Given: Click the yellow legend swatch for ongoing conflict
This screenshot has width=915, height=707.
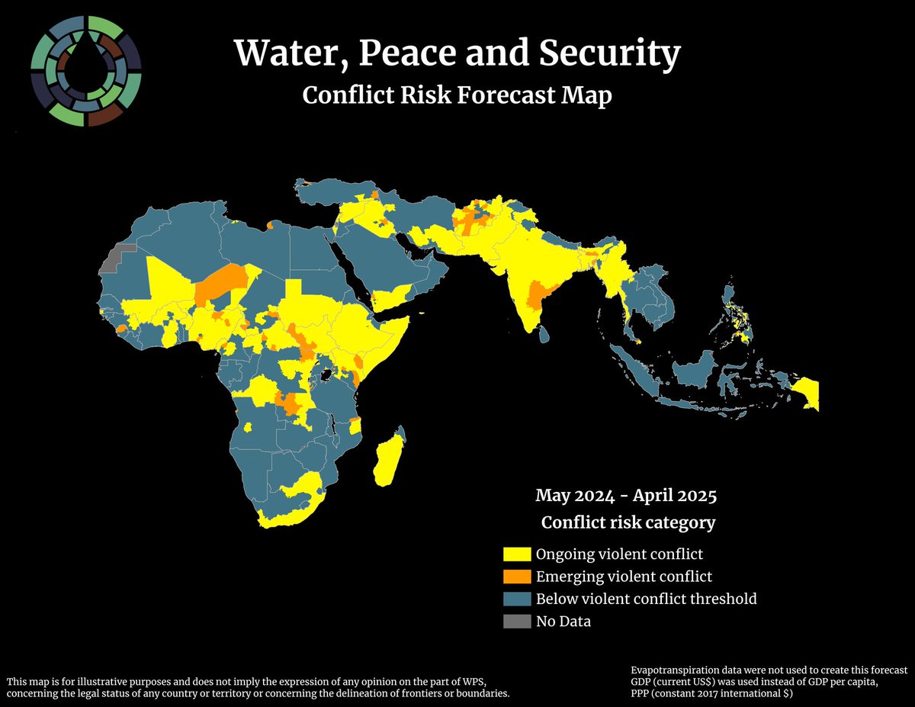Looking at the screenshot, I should (516, 554).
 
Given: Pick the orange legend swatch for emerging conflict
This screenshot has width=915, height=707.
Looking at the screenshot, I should (516, 576).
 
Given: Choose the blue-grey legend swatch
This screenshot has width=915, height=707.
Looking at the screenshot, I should (516, 599).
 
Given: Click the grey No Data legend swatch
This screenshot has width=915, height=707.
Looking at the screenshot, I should (516, 622).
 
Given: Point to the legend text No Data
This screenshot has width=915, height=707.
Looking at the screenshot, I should (563, 622).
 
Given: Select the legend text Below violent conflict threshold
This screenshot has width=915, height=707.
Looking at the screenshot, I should (646, 599).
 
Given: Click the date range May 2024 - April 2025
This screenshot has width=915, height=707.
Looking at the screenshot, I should (625, 496).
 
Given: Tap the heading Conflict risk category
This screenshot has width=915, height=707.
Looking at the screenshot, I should (628, 522).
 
